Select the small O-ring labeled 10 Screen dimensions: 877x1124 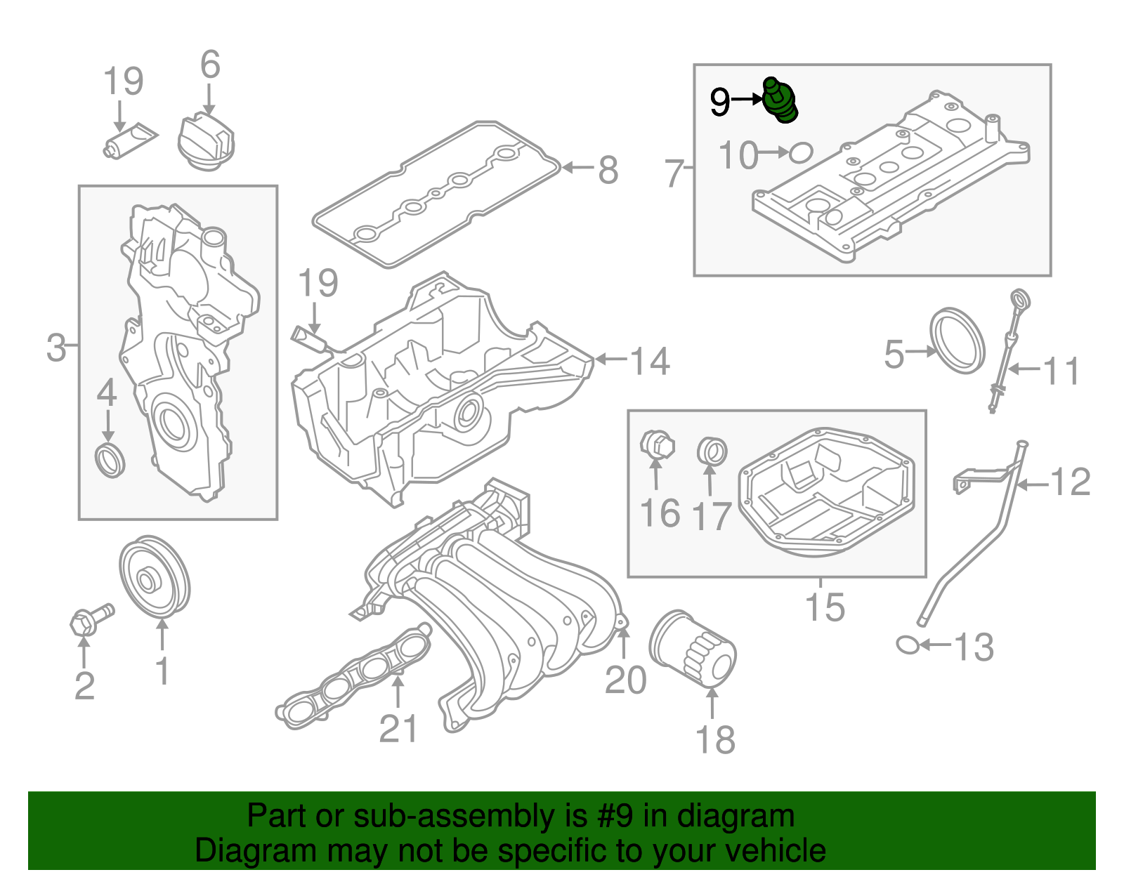(801, 152)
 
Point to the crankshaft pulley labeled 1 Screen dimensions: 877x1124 (155, 578)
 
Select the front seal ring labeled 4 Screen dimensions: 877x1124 (110, 460)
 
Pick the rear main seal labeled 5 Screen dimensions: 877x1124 (958, 341)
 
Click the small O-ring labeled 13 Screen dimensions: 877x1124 (908, 645)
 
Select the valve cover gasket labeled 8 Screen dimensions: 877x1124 (436, 193)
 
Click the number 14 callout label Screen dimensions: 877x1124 (649, 361)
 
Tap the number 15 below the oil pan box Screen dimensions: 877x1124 (825, 607)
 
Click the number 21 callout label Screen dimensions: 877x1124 (398, 728)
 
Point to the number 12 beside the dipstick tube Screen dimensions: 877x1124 (1070, 482)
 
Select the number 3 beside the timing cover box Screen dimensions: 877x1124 (56, 348)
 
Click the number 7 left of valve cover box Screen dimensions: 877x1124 (674, 173)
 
